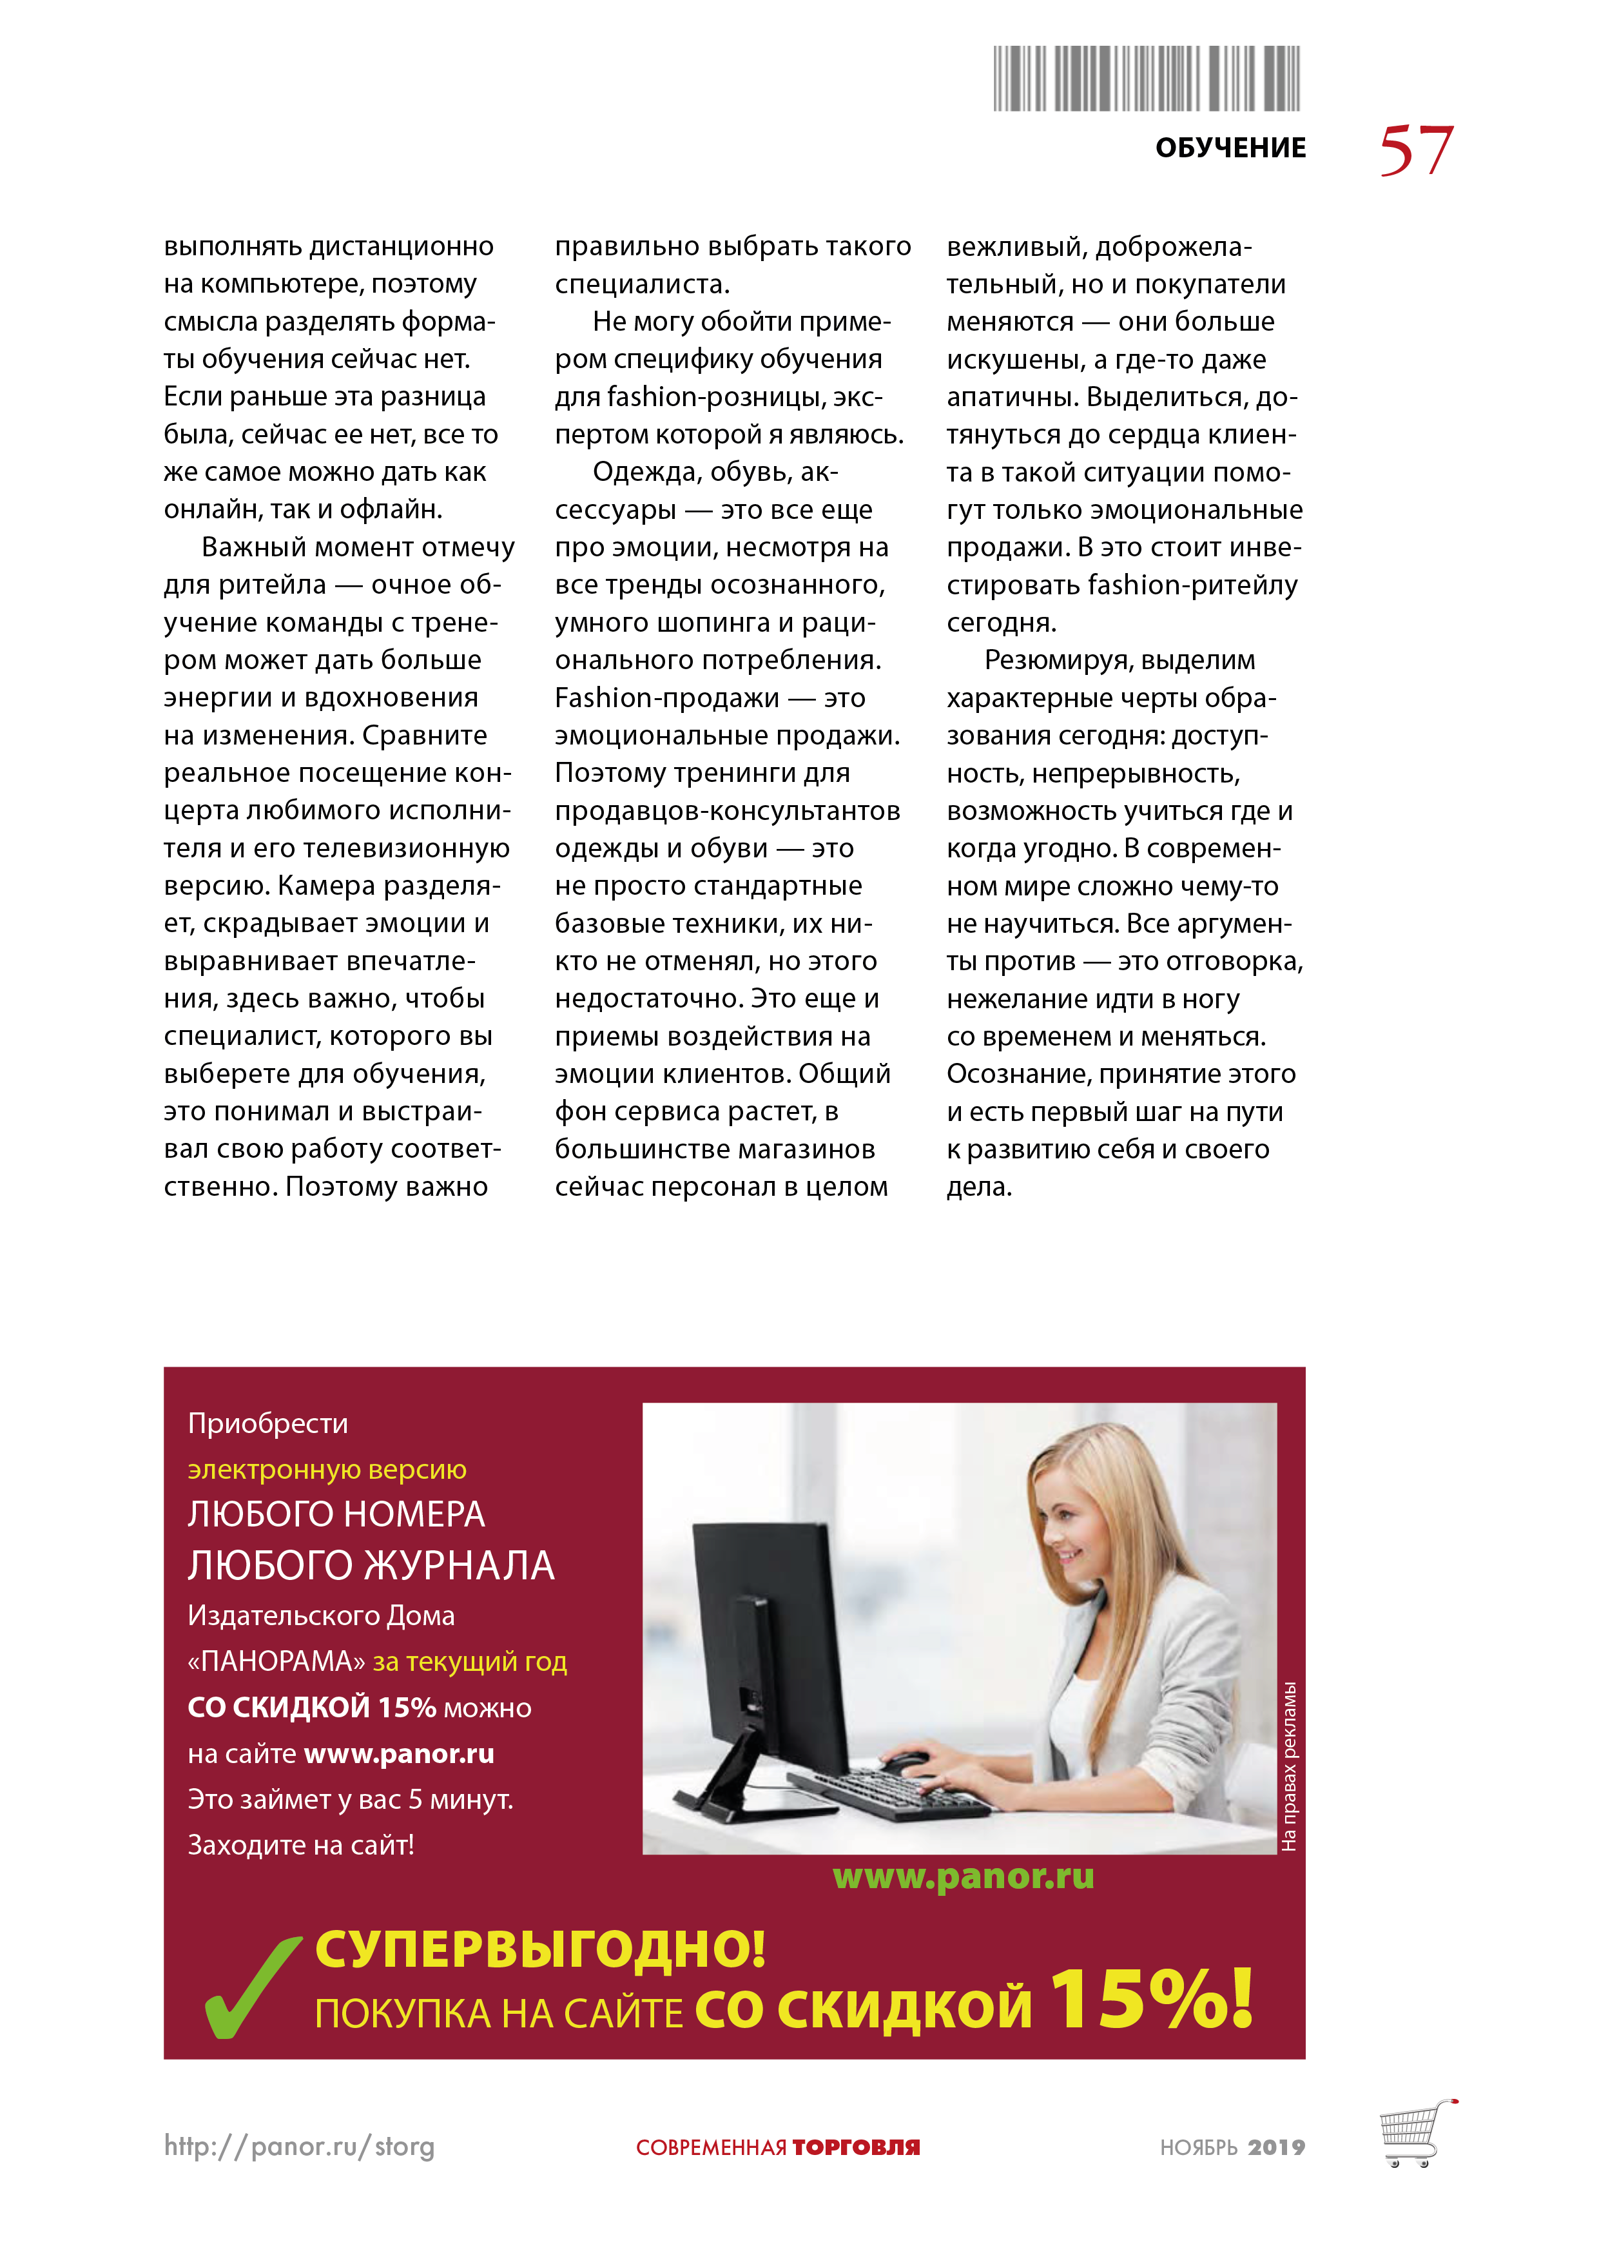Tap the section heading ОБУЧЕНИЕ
(x=1230, y=148)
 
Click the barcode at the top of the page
(x=1146, y=78)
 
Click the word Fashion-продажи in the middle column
(x=667, y=697)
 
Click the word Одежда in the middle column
(x=643, y=472)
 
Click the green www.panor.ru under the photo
(x=962, y=1877)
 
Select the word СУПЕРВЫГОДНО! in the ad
(x=540, y=1949)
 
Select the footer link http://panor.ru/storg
(x=298, y=2146)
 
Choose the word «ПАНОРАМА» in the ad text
(x=276, y=1661)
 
